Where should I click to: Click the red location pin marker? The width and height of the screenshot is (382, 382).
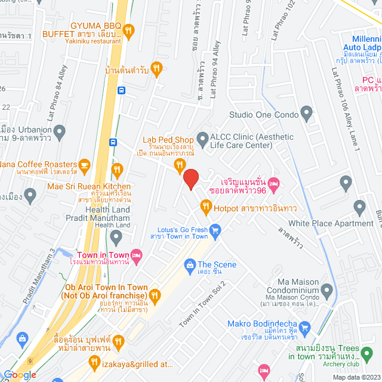point(190,179)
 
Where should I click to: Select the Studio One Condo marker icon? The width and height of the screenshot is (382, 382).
point(306,112)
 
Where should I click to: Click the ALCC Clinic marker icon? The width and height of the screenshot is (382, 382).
point(202,137)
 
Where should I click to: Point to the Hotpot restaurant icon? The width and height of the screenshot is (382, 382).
point(205,208)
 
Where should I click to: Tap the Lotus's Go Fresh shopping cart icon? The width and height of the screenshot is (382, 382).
point(215,228)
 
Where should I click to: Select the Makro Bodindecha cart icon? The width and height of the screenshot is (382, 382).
point(304,326)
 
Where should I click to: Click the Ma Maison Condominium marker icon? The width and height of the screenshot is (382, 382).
point(326,291)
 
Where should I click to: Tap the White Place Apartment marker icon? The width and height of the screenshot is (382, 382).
point(359,208)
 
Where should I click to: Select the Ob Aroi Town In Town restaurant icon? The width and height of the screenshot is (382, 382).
point(155,294)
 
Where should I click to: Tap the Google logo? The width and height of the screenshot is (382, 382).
point(20,375)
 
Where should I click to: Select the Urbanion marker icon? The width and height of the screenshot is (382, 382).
point(58,130)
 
